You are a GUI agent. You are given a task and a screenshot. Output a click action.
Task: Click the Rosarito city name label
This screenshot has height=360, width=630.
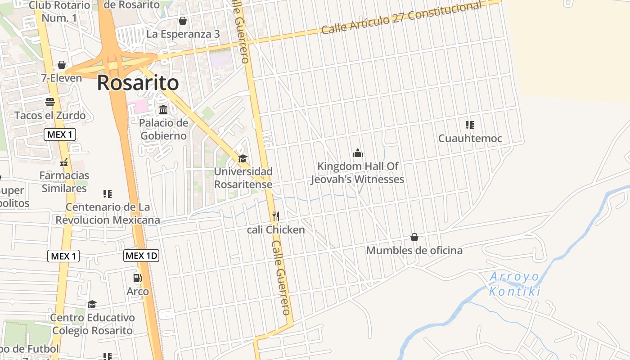pos(138,83)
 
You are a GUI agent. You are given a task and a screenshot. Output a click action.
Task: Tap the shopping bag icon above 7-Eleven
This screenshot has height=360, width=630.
pos(62,65)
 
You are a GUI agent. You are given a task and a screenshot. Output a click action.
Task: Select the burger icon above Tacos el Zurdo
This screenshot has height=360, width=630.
pos(50,102)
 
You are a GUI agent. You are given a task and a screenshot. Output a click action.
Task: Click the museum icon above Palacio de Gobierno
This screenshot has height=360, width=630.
pos(163,110)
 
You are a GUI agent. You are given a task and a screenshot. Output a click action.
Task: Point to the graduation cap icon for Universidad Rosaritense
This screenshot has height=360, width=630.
pos(243,158)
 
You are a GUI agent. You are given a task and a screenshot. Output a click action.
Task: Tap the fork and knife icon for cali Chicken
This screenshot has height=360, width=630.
pos(276,217)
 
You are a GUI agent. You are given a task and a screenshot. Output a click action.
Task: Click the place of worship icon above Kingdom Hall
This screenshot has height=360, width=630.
pos(358,153)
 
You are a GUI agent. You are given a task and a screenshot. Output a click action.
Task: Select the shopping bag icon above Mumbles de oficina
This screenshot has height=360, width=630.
pos(414,237)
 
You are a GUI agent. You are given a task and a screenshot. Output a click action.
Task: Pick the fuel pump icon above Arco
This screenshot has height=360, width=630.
pos(138,278)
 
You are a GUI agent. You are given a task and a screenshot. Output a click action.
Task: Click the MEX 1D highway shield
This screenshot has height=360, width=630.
pos(141,256)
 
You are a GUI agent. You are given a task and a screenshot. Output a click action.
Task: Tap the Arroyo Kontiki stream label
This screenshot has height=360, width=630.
pos(515,284)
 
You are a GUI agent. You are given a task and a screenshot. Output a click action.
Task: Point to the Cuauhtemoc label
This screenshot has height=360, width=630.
pos(470,138)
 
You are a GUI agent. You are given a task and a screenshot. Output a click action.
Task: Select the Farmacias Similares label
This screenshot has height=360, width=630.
pos(64,182)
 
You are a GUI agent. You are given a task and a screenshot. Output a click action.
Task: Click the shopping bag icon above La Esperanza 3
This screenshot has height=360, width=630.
pos(183,21)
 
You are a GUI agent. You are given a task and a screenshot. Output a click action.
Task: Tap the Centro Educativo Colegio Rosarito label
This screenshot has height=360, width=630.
pos(92,324)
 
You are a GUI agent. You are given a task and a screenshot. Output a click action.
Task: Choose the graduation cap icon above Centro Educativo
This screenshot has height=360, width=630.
pos(92,305)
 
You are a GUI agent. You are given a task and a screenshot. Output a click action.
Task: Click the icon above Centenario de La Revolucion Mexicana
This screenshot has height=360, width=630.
pos(108,194)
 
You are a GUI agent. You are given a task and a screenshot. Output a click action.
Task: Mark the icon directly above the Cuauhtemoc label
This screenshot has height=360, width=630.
pos(470,125)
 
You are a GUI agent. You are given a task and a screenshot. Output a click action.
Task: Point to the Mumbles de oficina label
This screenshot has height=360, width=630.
pos(414,250)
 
